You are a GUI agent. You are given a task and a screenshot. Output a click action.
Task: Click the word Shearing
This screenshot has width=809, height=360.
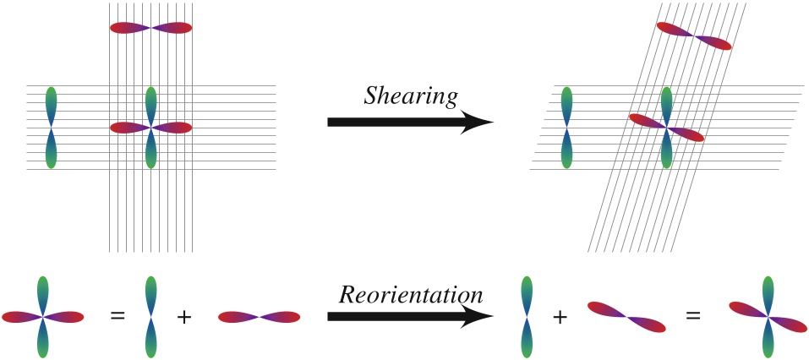pyautogui.click(x=410, y=96)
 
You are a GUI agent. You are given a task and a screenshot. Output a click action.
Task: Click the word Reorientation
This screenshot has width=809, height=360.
pyautogui.click(x=411, y=295)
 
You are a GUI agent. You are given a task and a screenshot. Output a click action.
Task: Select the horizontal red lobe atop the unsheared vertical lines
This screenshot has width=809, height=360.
pyautogui.click(x=151, y=28)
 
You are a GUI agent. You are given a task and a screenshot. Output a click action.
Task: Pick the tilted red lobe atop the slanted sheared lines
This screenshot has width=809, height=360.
pyautogui.click(x=694, y=36)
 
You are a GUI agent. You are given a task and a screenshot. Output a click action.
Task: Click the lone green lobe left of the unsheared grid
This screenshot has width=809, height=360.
pyautogui.click(x=51, y=128)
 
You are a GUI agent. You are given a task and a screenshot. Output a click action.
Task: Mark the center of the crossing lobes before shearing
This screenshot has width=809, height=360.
pyautogui.click(x=151, y=128)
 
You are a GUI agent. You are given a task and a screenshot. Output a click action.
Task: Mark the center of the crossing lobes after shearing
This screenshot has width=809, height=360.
pyautogui.click(x=666, y=128)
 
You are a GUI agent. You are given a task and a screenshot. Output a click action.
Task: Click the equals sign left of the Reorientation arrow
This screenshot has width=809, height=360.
pyautogui.click(x=118, y=317)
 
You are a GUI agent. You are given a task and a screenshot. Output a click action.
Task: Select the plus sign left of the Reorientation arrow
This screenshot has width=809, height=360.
pyautogui.click(x=183, y=317)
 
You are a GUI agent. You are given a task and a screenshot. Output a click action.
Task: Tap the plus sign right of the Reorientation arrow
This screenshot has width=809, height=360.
pyautogui.click(x=559, y=317)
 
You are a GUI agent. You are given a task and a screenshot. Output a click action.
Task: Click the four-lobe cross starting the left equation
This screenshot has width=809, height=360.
pyautogui.click(x=43, y=317)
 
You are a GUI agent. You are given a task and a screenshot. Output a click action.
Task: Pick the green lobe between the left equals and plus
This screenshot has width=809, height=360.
pyautogui.click(x=151, y=317)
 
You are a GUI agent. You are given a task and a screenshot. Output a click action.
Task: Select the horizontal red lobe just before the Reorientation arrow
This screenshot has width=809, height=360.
pyautogui.click(x=260, y=317)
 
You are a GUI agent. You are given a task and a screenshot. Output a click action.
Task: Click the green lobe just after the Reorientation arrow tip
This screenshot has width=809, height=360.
pyautogui.click(x=526, y=317)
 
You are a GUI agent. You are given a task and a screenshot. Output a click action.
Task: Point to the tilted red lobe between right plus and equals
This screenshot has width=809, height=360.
pyautogui.click(x=626, y=317)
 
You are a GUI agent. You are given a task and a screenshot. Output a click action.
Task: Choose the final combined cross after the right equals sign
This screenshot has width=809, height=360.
pyautogui.click(x=768, y=317)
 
